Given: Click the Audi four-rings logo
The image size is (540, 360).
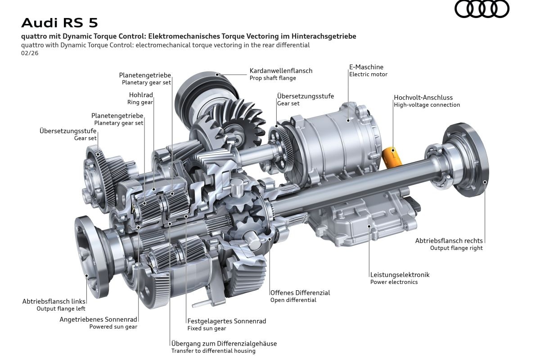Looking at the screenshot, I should click(481, 9).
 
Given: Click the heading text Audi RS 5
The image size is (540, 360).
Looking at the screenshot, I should click(59, 22).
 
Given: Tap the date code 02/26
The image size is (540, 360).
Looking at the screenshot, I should click(30, 53).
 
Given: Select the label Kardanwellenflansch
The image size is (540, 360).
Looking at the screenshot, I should click(281, 71).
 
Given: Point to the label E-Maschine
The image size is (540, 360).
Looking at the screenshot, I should click(366, 67).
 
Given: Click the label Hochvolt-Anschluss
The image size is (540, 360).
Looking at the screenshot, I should click(423, 97).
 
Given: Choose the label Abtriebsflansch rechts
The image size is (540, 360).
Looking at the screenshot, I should click(449, 240).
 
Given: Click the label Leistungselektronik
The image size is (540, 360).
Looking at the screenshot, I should click(400, 274).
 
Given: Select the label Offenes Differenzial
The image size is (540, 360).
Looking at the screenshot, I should click(300, 292).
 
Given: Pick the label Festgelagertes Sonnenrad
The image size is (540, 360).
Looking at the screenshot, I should click(226, 321).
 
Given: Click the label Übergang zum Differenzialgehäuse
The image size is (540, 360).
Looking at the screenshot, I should click(224, 343).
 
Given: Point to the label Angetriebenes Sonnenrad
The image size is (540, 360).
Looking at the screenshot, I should click(99, 319).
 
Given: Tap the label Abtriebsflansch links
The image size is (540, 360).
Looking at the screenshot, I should click(54, 301).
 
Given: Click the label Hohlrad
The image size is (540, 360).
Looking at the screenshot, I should click(140, 95).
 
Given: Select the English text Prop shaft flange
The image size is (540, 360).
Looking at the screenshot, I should click(273, 78).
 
